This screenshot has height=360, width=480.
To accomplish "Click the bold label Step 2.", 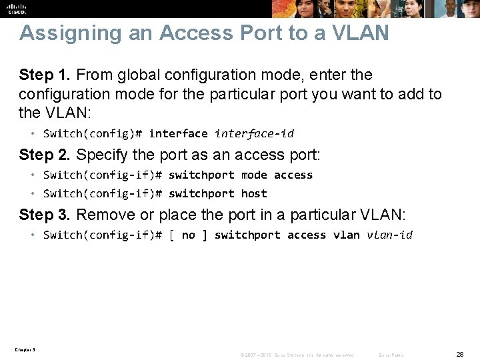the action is point(45,155).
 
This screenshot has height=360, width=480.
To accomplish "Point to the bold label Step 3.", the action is point(45,215).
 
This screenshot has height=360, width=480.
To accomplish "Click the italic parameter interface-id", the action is point(254,133).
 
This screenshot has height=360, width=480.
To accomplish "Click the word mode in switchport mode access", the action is point(254,175).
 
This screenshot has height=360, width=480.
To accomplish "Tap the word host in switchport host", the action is point(254,193).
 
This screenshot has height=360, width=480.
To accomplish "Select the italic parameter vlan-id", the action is point(389,235).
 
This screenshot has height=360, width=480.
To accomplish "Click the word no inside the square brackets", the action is point(189,235).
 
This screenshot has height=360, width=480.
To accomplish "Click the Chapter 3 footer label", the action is point(25,349).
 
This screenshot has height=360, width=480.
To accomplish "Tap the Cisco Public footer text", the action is point(390,355).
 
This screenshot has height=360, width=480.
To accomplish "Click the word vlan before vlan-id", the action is point(347,235).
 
